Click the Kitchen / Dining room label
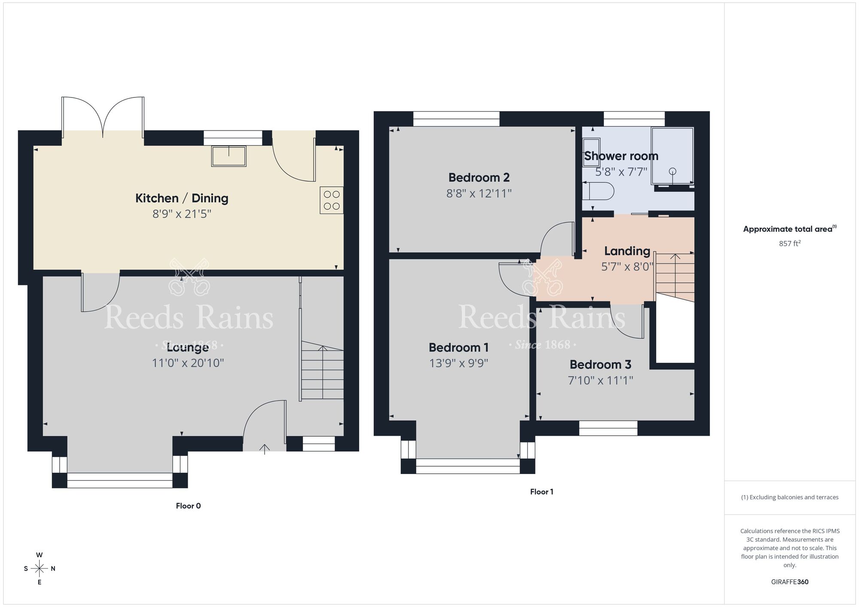point(182,198)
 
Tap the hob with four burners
point(332,200)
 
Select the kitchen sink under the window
point(228,156)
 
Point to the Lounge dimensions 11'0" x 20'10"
point(188,363)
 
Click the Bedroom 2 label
point(479,177)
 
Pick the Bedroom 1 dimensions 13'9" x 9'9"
point(459,363)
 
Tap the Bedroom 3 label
point(600,364)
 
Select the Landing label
point(627,251)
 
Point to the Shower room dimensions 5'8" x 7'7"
point(621,172)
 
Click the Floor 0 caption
point(188,506)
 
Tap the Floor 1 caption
point(542,492)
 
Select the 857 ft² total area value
point(789,243)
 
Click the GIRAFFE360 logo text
point(789,582)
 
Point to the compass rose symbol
point(40,569)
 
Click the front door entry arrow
point(264,449)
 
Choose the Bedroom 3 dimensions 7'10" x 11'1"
point(600,380)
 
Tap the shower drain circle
point(673,171)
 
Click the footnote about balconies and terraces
point(789,497)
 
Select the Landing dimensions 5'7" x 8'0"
point(627,267)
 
